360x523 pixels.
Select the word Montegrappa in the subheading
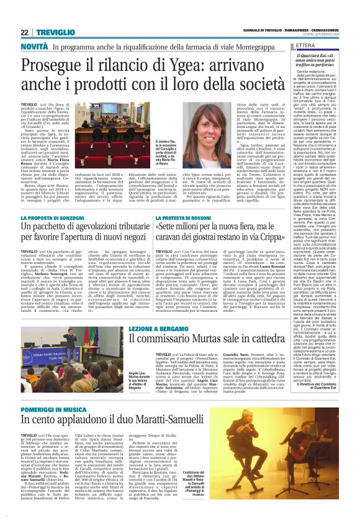[261, 47]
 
